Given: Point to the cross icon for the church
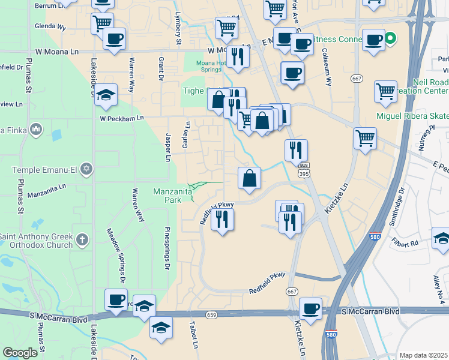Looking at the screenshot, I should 82,241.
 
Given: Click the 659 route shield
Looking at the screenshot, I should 211,314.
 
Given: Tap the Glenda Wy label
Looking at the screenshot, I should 50,26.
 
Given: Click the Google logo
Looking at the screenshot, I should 20,353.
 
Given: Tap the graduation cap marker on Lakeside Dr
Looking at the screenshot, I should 106,95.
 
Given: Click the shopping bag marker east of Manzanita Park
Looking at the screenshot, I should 249,178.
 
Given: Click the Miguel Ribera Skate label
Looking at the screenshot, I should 411,115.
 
